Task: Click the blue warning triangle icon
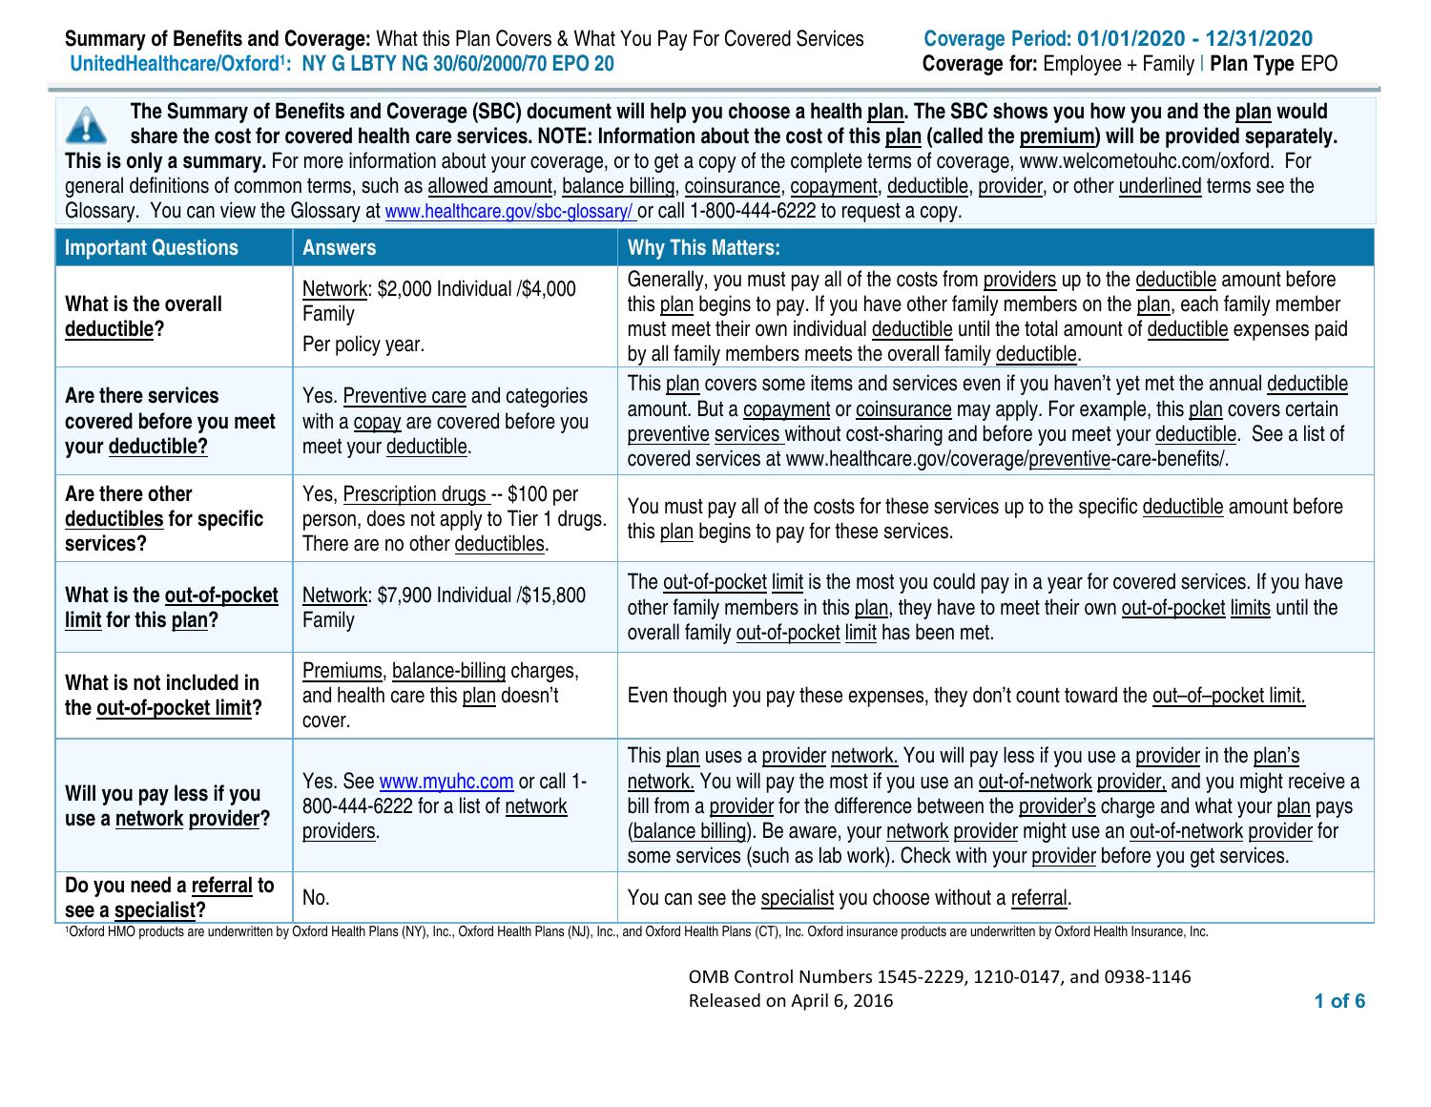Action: tap(87, 124)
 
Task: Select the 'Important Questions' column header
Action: tap(152, 248)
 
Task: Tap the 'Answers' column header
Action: tap(339, 248)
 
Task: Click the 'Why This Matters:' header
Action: tap(703, 248)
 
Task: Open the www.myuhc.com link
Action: tap(446, 782)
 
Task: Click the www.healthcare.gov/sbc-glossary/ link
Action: tap(508, 212)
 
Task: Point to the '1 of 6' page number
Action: tap(1338, 1001)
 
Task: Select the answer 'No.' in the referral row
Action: tap(316, 898)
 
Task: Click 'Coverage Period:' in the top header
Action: tap(998, 39)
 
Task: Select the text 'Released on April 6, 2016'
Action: tap(791, 1001)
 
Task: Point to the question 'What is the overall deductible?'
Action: tap(143, 317)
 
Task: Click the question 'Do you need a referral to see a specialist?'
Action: tap(169, 898)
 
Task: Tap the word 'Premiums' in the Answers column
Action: tap(342, 671)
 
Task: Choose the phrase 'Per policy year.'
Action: tap(363, 345)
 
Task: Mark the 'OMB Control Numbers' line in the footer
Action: tap(939, 976)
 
